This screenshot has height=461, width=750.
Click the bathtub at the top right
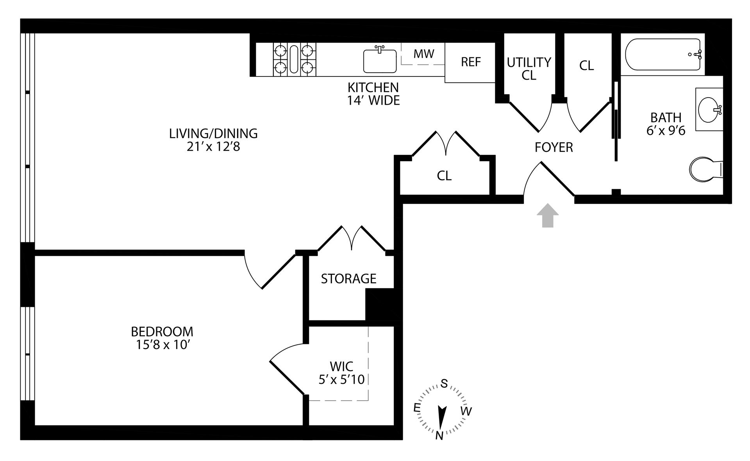663,54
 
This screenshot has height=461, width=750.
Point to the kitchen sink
379,61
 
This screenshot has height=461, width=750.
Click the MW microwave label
423,53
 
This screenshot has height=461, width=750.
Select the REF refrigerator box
470,62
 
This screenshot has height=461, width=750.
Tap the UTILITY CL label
529,68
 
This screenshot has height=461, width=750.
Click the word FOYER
554,147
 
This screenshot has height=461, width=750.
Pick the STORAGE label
348,278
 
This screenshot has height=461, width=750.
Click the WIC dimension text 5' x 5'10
341,379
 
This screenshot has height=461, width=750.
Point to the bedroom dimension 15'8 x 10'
162,345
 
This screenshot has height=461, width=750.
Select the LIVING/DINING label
213,133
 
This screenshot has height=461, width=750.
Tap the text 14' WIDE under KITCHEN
373,101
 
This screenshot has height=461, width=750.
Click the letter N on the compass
439,435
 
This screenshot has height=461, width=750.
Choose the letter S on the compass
444,384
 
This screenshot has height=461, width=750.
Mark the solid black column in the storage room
379,304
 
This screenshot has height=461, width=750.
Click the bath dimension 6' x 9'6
666,130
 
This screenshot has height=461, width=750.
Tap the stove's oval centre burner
294,59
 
